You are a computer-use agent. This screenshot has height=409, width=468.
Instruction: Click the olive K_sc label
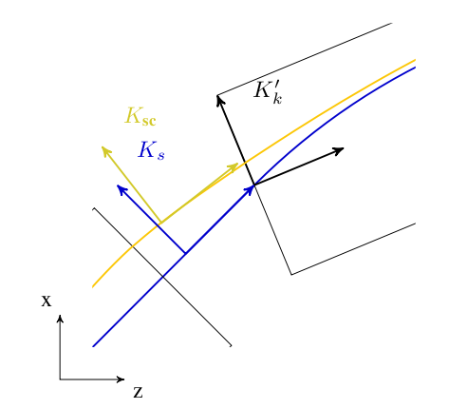tap(140, 117)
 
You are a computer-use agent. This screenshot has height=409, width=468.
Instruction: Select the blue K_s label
tap(151, 150)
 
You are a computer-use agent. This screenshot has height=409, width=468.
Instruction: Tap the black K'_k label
tap(268, 92)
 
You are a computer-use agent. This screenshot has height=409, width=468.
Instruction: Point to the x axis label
tap(47, 301)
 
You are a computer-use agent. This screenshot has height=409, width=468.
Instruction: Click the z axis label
tap(138, 392)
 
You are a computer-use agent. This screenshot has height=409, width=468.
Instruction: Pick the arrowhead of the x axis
tap(60, 318)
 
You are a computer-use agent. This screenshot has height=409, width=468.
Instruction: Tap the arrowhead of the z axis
tap(121, 380)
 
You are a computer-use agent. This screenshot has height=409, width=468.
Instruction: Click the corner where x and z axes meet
tap(60, 380)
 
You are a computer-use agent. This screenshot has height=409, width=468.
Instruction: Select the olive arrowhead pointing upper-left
tap(104, 150)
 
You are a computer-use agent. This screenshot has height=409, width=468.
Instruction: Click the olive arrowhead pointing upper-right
tap(234, 166)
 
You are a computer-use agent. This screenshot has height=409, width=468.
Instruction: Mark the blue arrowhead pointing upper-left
tap(121, 188)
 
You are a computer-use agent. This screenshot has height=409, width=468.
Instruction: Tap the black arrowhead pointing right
tap(340, 150)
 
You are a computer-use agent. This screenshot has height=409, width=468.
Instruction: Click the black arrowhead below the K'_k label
tap(219, 100)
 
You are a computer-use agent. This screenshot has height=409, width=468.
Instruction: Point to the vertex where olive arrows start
tap(160, 223)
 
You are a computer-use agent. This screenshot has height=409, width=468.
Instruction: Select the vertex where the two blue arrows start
tap(185, 253)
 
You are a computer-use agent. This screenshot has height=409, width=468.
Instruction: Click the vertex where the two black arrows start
tap(254, 185)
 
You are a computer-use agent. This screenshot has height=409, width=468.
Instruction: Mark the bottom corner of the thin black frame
tap(291, 274)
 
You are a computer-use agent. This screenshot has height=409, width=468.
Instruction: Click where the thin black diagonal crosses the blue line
tap(162, 277)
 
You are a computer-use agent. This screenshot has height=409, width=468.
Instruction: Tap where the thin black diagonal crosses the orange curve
tap(132, 246)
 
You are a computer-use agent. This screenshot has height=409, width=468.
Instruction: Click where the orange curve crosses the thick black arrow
tap(245, 163)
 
